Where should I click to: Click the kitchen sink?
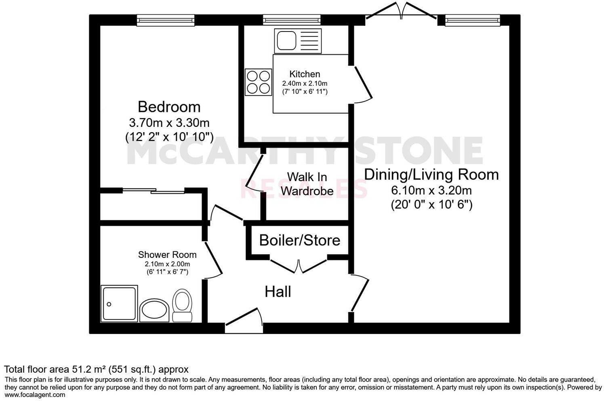tap(298, 41)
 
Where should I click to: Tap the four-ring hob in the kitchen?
tap(258, 82)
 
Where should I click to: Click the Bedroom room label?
tap(169, 107)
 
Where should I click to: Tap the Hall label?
tap(278, 291)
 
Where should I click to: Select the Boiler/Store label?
tap(299, 240)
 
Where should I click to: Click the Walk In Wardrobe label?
tap(307, 184)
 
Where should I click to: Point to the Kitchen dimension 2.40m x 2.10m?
tap(305, 83)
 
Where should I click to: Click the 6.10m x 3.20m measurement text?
tap(431, 190)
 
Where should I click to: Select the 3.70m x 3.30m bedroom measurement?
tap(169, 122)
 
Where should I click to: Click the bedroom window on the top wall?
tap(166, 20)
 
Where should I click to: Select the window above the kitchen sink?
tap(292, 20)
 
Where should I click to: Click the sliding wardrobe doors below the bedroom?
tap(154, 191)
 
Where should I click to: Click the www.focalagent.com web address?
tap(35, 395)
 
